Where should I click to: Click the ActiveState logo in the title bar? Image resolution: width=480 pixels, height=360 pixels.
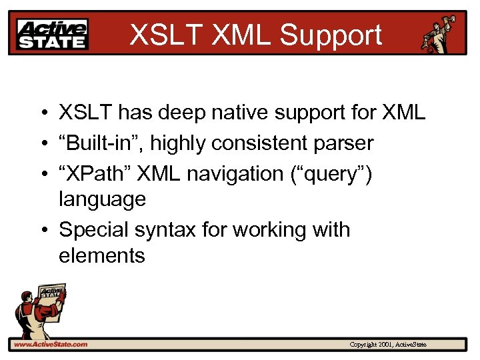53,34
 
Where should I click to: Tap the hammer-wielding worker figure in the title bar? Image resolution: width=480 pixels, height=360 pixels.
439,33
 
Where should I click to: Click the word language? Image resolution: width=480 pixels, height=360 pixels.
102,199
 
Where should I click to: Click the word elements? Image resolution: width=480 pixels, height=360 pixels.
102,255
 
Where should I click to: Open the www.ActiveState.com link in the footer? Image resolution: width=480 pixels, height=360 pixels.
51,345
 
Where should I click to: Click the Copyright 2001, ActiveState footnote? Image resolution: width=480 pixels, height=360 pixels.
388,345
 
